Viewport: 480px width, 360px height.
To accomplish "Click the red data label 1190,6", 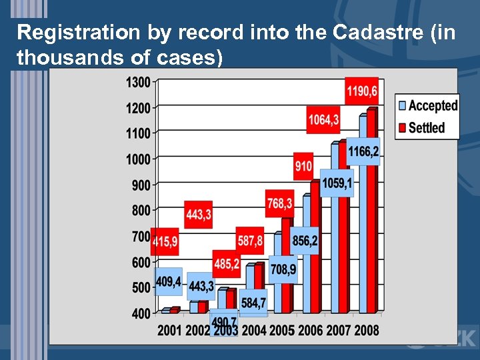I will tap(361, 91).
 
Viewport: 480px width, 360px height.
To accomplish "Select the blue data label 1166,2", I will tap(363, 151).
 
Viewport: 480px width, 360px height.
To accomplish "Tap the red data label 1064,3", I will tap(323, 119).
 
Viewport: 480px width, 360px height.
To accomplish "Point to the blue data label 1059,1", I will tap(337, 182).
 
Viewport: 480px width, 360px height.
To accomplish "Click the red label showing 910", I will tap(303, 165).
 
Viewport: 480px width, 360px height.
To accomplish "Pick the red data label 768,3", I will tap(279, 203).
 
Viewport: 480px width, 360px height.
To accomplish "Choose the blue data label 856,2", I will tap(305, 240).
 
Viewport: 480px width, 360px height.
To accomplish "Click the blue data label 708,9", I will tap(283, 269).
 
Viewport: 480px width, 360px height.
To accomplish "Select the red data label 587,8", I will tap(251, 240).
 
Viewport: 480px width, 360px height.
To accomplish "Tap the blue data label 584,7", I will tap(253, 303).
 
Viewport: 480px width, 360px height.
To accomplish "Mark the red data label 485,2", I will tap(227, 264).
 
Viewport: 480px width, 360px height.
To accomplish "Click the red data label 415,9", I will tap(165, 242).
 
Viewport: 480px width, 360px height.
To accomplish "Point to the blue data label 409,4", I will tap(167, 281).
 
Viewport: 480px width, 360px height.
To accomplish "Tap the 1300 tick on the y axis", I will tap(137, 82).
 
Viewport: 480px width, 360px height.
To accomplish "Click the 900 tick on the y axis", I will tap(140, 185).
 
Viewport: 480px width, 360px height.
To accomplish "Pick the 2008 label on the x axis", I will tap(366, 330).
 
